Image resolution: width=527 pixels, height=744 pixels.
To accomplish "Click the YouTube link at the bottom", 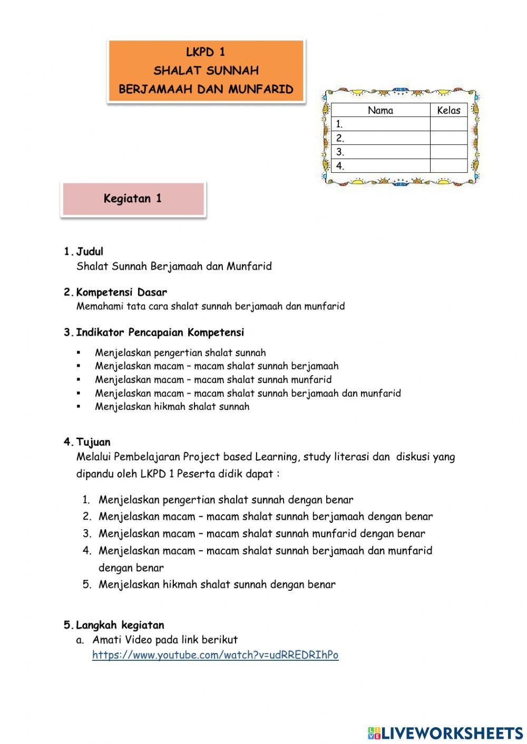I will [x=215, y=656].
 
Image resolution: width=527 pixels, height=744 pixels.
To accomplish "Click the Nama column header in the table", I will [x=380, y=110].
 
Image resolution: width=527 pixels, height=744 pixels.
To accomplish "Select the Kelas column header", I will [x=448, y=110].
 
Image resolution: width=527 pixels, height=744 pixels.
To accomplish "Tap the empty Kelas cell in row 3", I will [x=448, y=152].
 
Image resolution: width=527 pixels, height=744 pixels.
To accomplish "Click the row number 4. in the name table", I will [x=340, y=166].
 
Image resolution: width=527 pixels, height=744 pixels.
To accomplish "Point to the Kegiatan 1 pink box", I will [x=133, y=199].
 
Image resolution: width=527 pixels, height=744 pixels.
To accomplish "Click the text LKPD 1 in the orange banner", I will [x=206, y=52].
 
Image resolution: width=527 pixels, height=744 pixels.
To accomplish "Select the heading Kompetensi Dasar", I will [x=121, y=292].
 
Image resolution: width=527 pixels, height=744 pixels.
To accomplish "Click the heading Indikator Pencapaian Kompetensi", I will [x=160, y=333].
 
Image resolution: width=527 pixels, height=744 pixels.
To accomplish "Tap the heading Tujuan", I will [x=93, y=442].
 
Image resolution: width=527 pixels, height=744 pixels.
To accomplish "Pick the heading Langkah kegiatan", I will [x=120, y=626].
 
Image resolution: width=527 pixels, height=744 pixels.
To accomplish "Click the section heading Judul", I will [x=90, y=252].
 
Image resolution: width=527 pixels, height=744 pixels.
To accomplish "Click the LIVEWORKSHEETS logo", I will [x=445, y=732].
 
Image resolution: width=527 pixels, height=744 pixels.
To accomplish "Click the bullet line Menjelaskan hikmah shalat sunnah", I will [x=172, y=406].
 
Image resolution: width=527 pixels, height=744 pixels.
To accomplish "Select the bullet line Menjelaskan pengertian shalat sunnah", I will [x=180, y=353].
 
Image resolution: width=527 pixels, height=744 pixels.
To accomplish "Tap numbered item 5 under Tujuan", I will [x=217, y=584].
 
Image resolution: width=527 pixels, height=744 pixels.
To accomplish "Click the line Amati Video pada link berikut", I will [x=165, y=640].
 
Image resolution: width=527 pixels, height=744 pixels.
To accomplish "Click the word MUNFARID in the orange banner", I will [x=267, y=90].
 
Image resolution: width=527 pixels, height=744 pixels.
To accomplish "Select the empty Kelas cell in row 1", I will [x=448, y=124].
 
